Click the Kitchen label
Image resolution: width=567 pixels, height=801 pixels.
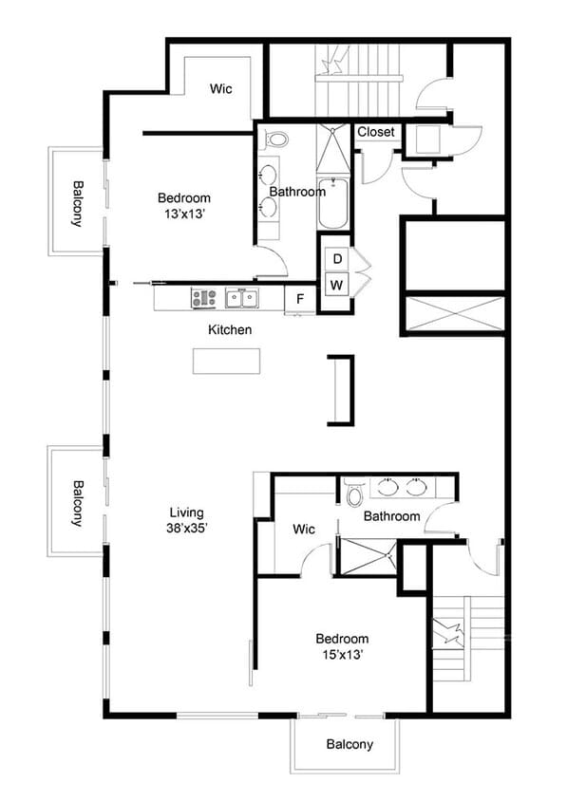[x=230, y=330]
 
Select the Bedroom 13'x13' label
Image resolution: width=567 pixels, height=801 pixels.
[x=183, y=206]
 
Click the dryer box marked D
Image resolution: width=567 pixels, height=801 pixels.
[x=336, y=259]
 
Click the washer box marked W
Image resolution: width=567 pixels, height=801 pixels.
[x=336, y=285]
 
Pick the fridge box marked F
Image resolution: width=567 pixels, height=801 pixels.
[x=299, y=299]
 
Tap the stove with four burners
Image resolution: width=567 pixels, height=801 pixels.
[x=204, y=299]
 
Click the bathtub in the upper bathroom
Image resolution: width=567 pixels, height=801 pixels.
[x=332, y=203]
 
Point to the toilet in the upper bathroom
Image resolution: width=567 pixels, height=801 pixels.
[x=276, y=140]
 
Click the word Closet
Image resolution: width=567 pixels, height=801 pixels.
[x=375, y=133]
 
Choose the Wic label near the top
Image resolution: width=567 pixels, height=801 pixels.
[x=222, y=89]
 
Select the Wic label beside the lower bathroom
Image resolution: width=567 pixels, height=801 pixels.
[x=304, y=529]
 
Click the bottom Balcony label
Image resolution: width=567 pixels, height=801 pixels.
[x=350, y=745]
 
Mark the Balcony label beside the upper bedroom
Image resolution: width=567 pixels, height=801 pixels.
[x=77, y=202]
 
